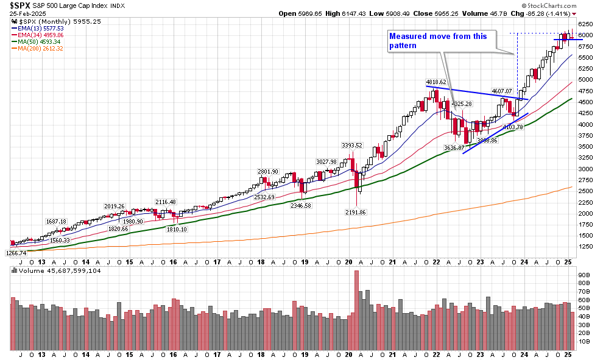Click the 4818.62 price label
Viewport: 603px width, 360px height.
click(435, 82)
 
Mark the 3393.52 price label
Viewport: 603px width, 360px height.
click(351, 145)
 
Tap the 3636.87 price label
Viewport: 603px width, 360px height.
click(454, 147)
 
